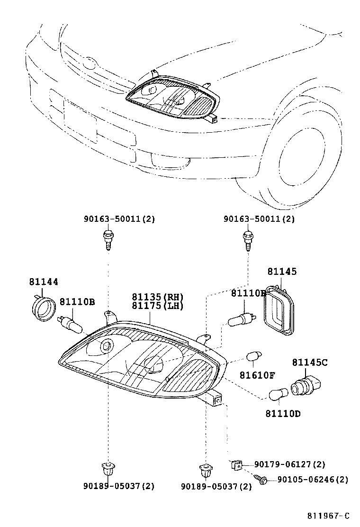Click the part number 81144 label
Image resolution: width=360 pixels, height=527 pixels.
pyautogui.click(x=44, y=282)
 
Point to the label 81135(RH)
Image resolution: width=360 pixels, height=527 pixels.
pyautogui.click(x=157, y=297)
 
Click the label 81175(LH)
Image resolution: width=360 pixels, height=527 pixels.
pyautogui.click(x=157, y=306)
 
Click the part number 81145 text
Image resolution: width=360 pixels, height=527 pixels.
pyautogui.click(x=282, y=272)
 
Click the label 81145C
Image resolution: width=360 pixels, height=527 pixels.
pyautogui.click(x=309, y=363)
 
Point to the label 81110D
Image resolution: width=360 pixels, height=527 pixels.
pyautogui.click(x=282, y=414)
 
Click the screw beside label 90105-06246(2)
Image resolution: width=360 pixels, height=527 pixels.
pyautogui.click(x=261, y=479)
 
